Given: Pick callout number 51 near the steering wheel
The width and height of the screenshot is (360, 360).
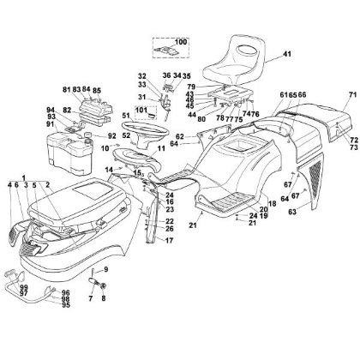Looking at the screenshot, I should pyautogui.click(x=125, y=117).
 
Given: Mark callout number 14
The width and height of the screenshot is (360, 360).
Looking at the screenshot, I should pyautogui.click(x=109, y=171).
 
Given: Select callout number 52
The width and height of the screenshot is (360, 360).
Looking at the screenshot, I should pyautogui.click(x=126, y=136).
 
